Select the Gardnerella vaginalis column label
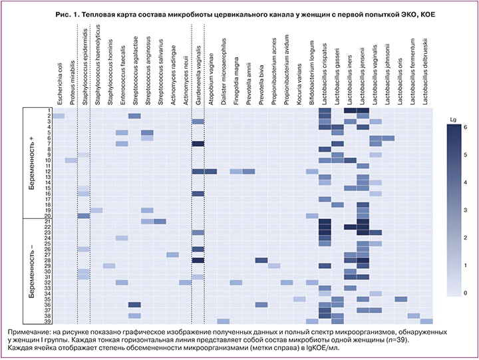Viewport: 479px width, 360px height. [198, 73]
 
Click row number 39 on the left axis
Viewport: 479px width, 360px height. [49, 321]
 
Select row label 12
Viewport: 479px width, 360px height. [49, 171]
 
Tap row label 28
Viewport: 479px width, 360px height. [49, 260]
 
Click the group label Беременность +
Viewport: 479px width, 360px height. [33, 163]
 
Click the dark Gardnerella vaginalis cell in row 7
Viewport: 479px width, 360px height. [198, 144]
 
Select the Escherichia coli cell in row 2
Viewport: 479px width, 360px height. [59, 116]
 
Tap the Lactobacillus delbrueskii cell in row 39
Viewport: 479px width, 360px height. [426, 321]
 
